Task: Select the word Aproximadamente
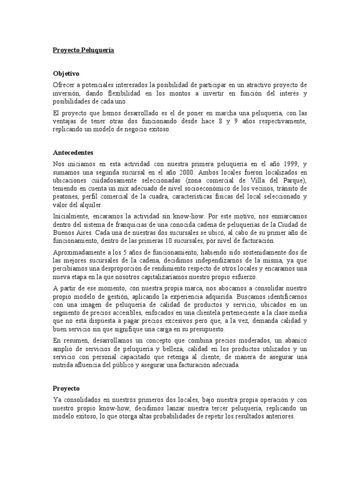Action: (77, 253)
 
